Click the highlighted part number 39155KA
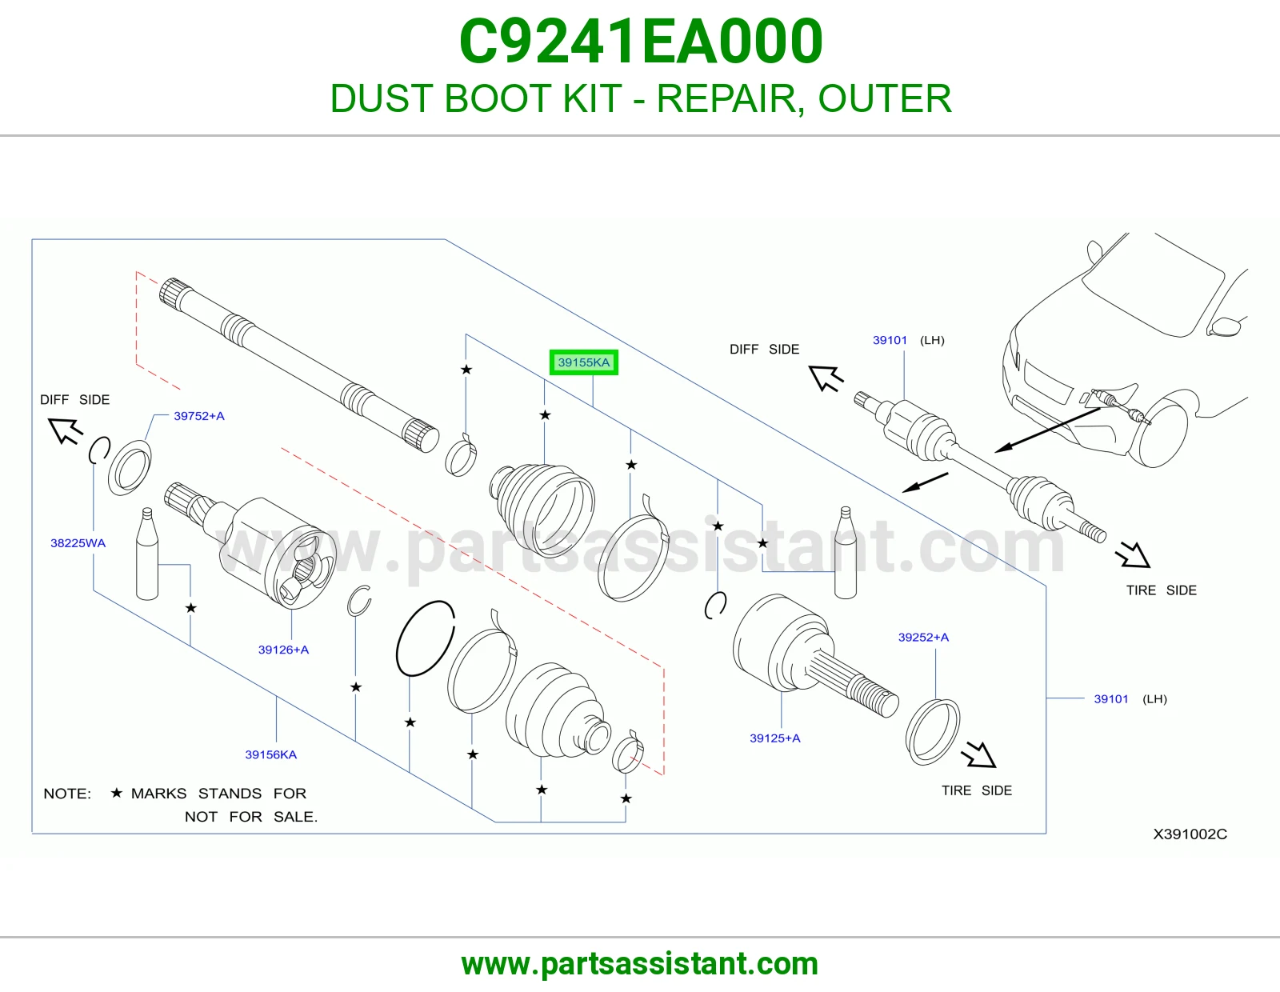(583, 362)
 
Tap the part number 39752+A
(199, 416)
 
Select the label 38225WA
(78, 543)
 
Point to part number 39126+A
(283, 650)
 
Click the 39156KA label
(271, 754)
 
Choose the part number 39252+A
(923, 638)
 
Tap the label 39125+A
(774, 738)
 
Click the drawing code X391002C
(1190, 834)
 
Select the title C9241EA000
(640, 42)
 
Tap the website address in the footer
(640, 964)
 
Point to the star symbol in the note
(117, 793)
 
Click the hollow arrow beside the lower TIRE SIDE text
(979, 754)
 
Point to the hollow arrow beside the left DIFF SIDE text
(65, 430)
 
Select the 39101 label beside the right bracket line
(1111, 699)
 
